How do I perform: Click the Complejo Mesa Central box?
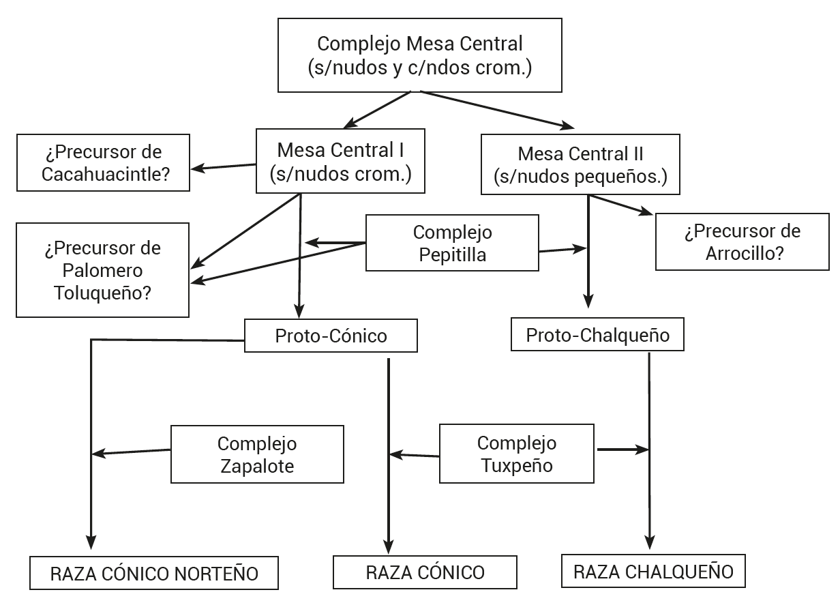click(x=420, y=55)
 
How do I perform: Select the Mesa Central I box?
click(x=340, y=161)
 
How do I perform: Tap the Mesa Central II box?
click(x=580, y=164)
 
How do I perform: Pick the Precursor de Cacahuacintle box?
click(x=104, y=162)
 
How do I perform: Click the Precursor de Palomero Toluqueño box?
click(x=102, y=269)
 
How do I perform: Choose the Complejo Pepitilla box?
click(x=452, y=244)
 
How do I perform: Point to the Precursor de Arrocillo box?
click(x=742, y=242)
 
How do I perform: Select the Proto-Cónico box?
click(x=331, y=336)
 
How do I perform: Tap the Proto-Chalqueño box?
click(x=597, y=335)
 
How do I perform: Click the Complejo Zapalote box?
click(x=257, y=454)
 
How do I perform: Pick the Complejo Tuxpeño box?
click(x=516, y=454)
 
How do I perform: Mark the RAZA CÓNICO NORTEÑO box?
click(x=154, y=573)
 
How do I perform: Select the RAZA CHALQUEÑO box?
click(x=653, y=571)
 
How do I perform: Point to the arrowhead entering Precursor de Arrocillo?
click(x=646, y=212)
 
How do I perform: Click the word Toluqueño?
click(x=102, y=293)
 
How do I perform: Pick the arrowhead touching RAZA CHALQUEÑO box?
click(x=648, y=546)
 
